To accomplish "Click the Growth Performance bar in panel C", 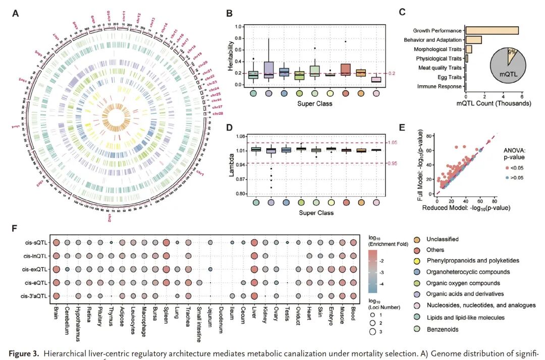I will tap(492, 31).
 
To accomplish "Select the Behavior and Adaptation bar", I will tap(473, 40).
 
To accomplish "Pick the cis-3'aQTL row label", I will tap(33, 295).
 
